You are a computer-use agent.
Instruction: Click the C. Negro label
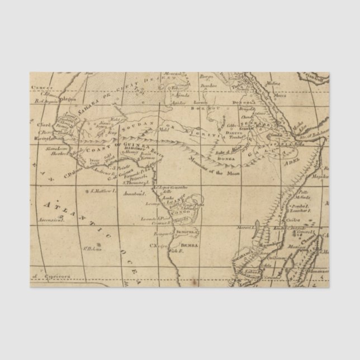pyautogui.click(x=158, y=244)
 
